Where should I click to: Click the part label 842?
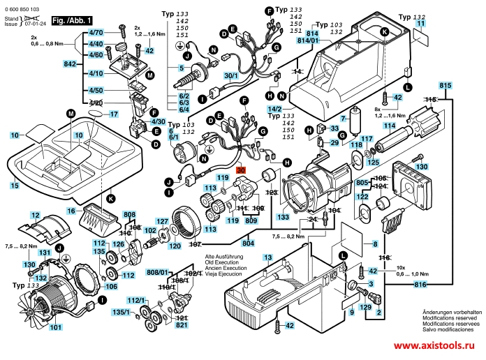pyautogui.click(x=70, y=64)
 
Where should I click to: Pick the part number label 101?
pyautogui.click(x=55, y=327)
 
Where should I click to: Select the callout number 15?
pyautogui.click(x=15, y=186)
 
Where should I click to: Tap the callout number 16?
pyautogui.click(x=71, y=211)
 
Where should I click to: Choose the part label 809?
pyautogui.click(x=251, y=220)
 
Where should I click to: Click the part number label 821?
pyautogui.click(x=182, y=325)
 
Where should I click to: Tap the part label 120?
pyautogui.click(x=175, y=246)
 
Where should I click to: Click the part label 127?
pyautogui.click(x=161, y=222)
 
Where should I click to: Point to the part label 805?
pyautogui.click(x=362, y=182)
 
